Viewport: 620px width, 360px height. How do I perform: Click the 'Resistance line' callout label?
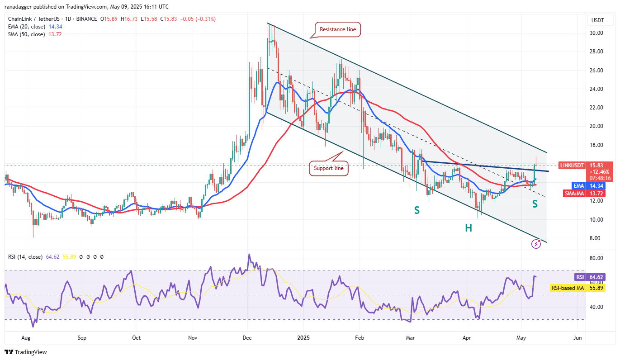point(338,29)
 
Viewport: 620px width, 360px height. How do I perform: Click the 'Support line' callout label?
point(329,168)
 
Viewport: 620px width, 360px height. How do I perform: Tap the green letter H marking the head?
point(469,228)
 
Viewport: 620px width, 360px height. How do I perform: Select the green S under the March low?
point(416,210)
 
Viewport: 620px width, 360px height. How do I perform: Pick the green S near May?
point(535,204)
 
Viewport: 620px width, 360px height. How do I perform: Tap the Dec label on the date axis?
point(247,338)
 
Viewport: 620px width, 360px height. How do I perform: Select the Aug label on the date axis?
point(26,338)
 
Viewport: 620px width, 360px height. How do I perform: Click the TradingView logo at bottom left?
point(26,352)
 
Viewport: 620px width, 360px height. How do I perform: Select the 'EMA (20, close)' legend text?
point(26,27)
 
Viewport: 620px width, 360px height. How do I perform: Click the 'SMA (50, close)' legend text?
point(26,34)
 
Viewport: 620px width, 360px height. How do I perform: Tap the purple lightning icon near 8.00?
point(536,244)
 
